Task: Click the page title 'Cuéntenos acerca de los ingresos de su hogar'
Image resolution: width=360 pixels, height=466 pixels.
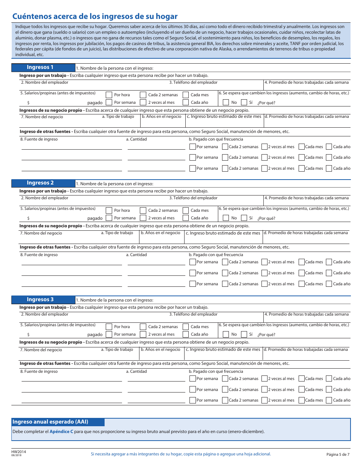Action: click(x=95, y=16)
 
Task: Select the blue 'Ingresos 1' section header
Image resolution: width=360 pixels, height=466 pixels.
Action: click(x=40, y=67)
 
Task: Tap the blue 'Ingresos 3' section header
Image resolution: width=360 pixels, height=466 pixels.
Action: click(x=40, y=300)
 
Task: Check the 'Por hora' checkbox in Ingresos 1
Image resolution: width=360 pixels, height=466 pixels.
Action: click(x=109, y=95)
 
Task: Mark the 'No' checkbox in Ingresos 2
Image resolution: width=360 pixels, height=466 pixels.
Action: click(x=226, y=218)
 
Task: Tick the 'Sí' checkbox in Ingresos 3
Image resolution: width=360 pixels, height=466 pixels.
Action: click(x=244, y=334)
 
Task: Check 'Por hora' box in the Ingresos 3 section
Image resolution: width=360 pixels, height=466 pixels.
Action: click(x=109, y=327)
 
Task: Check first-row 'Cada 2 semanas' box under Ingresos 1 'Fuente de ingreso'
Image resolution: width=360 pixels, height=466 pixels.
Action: click(x=225, y=147)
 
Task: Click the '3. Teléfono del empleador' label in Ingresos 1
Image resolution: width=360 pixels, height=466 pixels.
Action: click(x=193, y=82)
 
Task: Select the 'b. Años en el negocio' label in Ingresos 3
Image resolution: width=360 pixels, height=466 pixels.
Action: click(x=160, y=349)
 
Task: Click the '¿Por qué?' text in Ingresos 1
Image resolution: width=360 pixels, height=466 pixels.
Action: click(x=266, y=103)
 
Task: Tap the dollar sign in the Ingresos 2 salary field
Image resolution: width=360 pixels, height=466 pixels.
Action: click(x=28, y=218)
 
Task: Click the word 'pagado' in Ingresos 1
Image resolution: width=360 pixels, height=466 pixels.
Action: click(x=95, y=103)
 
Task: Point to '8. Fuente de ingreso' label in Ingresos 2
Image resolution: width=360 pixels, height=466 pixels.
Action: click(x=39, y=255)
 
